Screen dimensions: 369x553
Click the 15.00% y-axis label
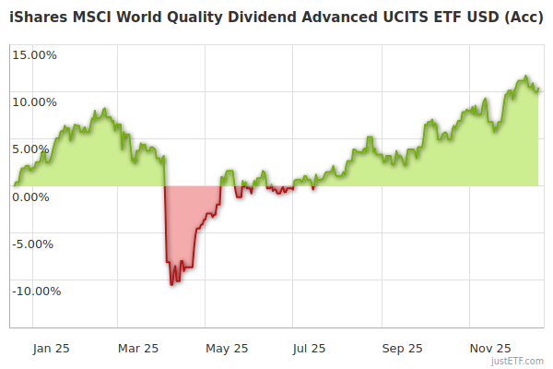coord(34,54)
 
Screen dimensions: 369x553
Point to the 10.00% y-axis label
coord(34,101)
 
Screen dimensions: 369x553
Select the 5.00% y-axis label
coord(38,149)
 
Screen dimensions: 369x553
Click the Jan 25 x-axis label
coord(51,348)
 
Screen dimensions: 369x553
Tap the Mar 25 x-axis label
coord(139,348)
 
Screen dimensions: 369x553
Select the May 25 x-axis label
coord(227,348)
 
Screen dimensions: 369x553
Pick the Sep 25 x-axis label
coord(402,348)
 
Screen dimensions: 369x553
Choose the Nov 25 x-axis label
coord(489,348)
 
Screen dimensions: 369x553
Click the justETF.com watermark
coord(517,361)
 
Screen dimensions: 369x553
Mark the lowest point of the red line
coord(171,284)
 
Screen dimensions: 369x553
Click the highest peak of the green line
coord(525,77)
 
